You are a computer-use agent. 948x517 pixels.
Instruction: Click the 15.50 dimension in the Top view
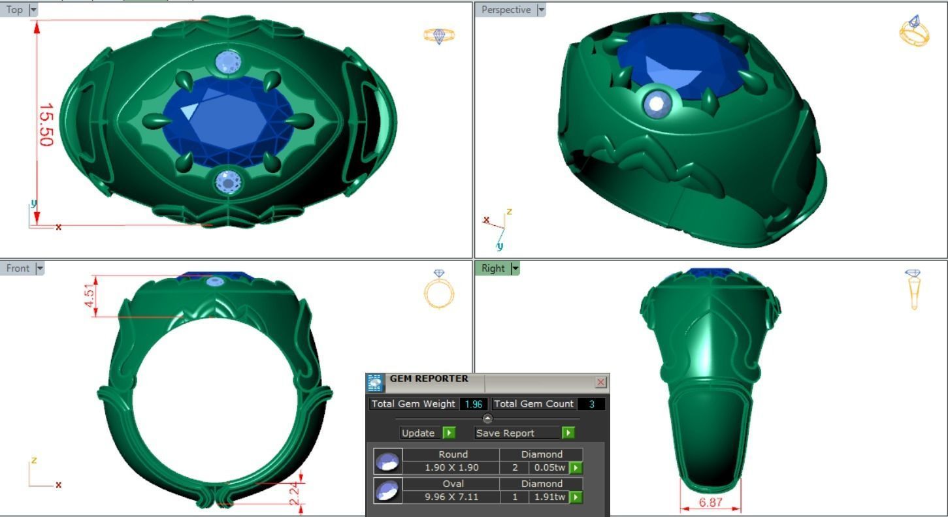click(46, 124)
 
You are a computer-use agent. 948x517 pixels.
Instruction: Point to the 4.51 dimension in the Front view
click(90, 297)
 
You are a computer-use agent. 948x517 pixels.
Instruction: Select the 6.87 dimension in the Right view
click(710, 503)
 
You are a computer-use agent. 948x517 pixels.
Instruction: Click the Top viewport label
click(14, 10)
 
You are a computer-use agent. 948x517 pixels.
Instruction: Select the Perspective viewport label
click(506, 10)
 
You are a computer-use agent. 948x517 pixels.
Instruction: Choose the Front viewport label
click(18, 268)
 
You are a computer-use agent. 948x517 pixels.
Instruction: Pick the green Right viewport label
click(493, 268)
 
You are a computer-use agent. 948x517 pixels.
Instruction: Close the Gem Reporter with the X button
click(600, 383)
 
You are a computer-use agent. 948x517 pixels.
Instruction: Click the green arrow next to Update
click(449, 433)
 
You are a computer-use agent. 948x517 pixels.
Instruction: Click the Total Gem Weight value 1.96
click(473, 404)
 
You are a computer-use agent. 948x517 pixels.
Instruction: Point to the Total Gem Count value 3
click(591, 404)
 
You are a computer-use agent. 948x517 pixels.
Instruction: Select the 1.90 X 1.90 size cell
click(451, 467)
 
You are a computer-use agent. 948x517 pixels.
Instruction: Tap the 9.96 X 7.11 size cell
click(451, 497)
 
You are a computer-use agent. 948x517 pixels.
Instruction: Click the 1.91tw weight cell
click(549, 497)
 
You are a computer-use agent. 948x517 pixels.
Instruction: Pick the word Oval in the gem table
click(453, 484)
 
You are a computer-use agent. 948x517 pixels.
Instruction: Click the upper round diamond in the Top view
click(228, 63)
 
